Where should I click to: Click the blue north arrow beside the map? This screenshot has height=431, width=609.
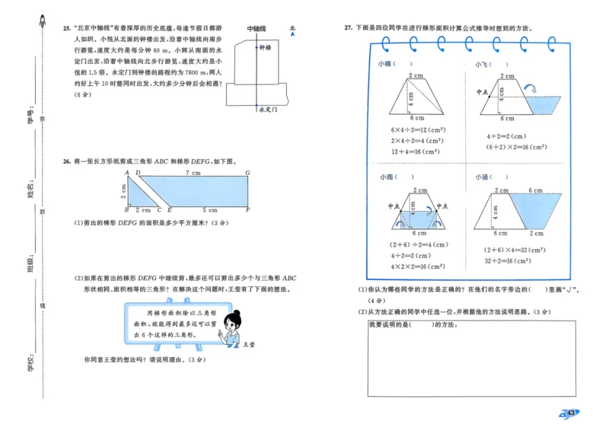[x=293, y=32]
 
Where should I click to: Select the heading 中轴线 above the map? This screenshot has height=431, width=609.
[x=257, y=29]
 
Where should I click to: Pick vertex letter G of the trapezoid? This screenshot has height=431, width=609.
[x=248, y=174]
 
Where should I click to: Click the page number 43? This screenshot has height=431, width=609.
[x=569, y=412]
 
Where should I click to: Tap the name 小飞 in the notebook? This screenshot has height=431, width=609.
[x=482, y=65]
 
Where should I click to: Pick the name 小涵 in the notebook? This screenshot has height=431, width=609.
[x=482, y=177]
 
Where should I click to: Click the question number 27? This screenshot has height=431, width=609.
[x=348, y=28]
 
